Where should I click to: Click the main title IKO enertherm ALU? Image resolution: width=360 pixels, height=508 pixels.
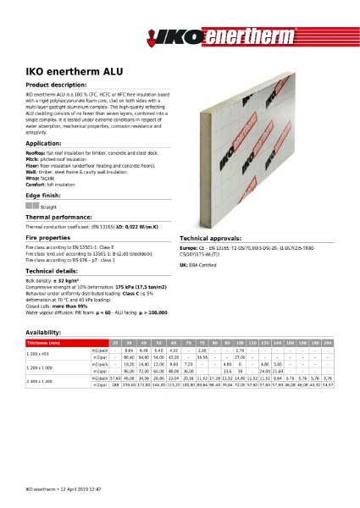coord(67,74)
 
